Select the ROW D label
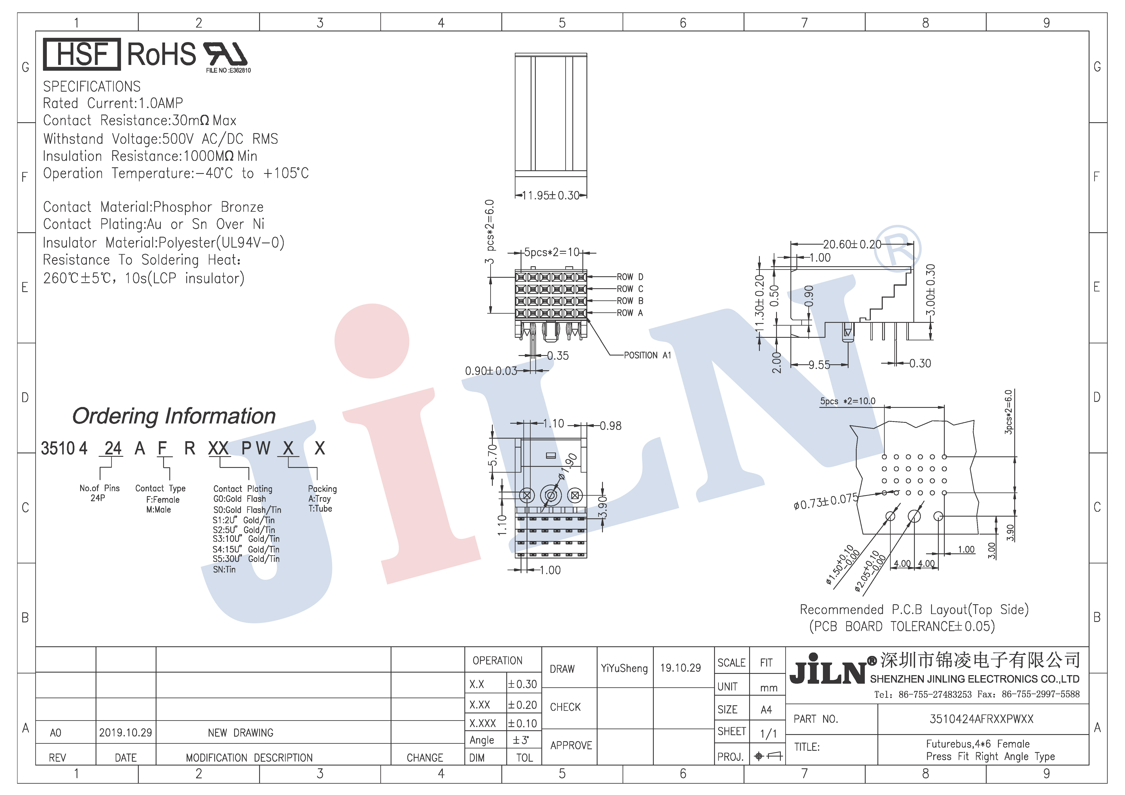click(x=630, y=277)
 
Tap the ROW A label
click(x=630, y=313)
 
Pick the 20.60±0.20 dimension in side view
click(x=852, y=244)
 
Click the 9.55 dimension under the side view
click(x=819, y=365)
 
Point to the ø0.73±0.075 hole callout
click(x=826, y=502)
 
